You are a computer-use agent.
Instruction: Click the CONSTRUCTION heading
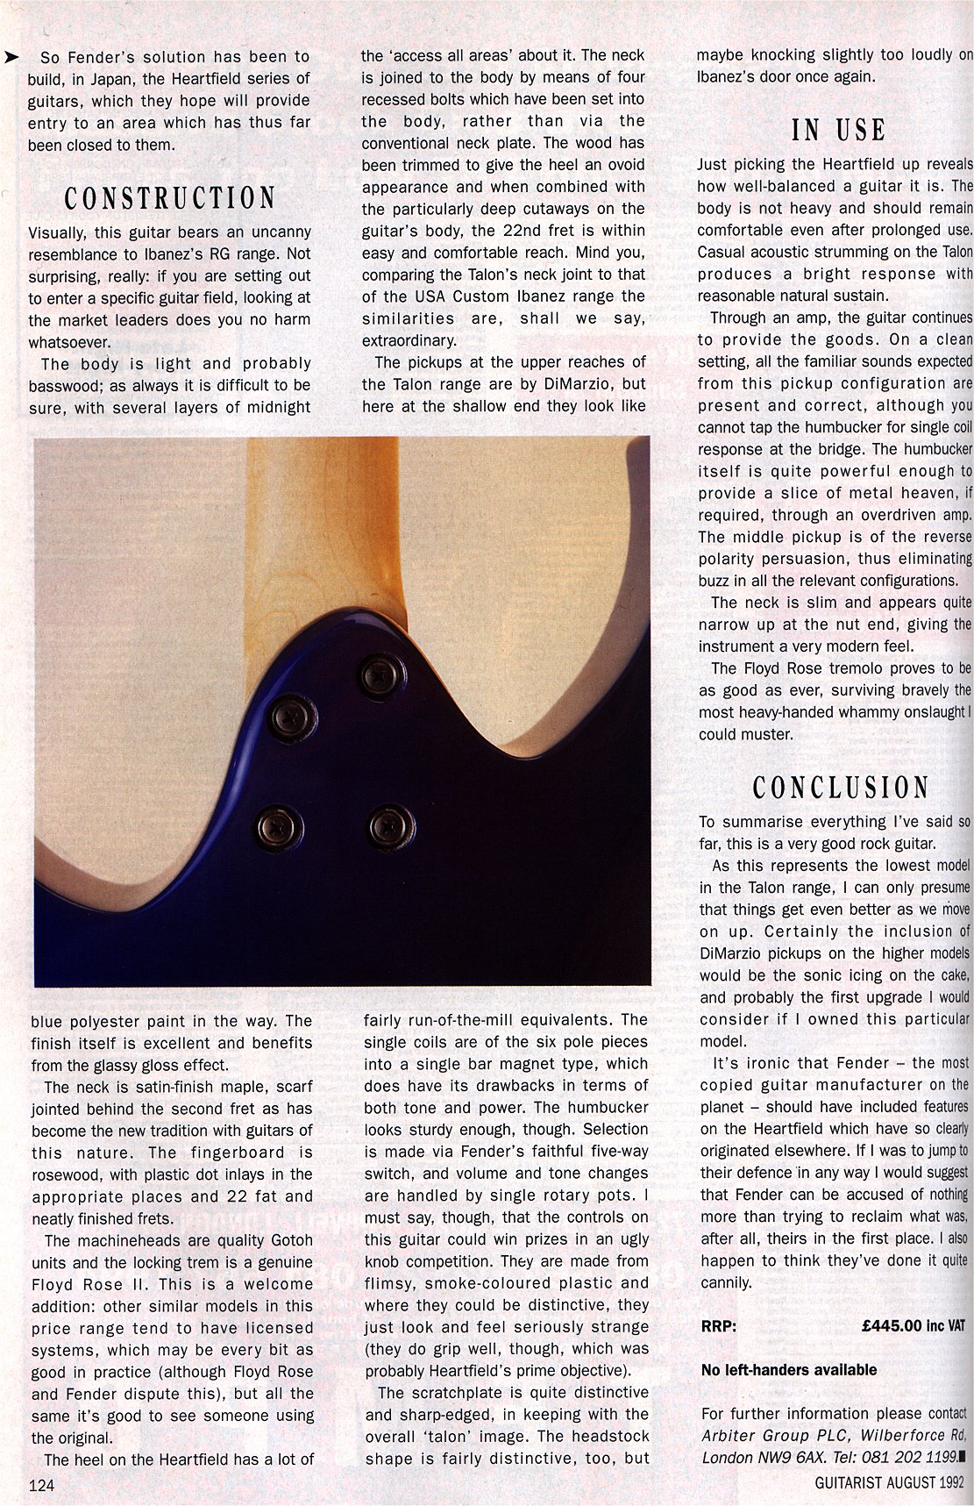169,198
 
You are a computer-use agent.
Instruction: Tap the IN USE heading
838,130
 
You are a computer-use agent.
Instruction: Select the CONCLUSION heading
840,788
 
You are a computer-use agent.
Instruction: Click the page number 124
42,1485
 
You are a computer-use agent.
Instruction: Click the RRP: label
719,1326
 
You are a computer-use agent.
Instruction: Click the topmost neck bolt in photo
382,675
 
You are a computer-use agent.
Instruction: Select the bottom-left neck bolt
279,827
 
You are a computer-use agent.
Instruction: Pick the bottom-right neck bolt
391,826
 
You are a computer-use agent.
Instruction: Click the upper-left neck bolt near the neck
291,717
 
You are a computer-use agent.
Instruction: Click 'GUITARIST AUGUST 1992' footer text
888,1482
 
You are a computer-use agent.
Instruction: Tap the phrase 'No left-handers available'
788,1370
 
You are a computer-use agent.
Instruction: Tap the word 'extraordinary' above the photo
409,340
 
